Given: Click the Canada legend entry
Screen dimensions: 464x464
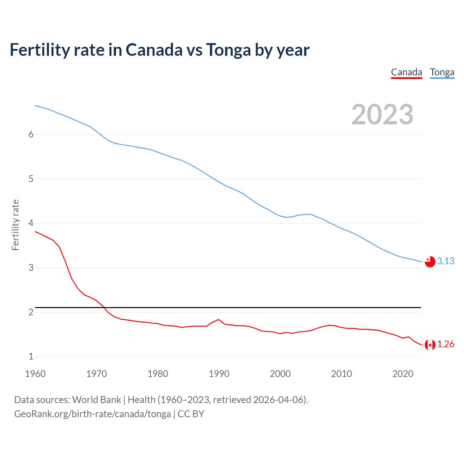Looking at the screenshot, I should (406, 72).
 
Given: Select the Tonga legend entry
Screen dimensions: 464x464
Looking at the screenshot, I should (442, 72).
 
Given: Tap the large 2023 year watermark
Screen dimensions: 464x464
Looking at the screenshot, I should (382, 115).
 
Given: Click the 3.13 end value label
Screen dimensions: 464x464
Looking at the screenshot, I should (446, 261).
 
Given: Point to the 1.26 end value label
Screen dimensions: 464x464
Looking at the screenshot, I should (446, 344).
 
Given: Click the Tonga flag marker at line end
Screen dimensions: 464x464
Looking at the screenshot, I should (430, 261).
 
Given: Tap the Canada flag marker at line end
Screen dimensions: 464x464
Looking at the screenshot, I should (430, 345).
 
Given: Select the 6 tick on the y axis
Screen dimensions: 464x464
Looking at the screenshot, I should (31, 134).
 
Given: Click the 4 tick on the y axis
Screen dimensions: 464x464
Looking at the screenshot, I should (31, 223).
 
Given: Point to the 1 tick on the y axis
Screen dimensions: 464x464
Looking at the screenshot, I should (31, 357).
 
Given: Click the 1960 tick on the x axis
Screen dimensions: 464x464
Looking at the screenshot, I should (35, 374).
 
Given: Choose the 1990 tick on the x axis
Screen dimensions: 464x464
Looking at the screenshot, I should (219, 374).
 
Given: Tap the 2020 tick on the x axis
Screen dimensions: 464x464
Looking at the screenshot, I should (403, 374).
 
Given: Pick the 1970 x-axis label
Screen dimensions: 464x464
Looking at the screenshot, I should (96, 374).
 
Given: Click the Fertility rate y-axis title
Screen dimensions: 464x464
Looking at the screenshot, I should (15, 225).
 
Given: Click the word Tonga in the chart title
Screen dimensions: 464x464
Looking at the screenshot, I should (228, 50).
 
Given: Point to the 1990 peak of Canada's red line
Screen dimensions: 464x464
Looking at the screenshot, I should (219, 320).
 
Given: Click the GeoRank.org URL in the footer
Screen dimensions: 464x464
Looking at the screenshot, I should (92, 414).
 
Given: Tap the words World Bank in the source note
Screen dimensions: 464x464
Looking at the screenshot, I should (96, 400).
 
